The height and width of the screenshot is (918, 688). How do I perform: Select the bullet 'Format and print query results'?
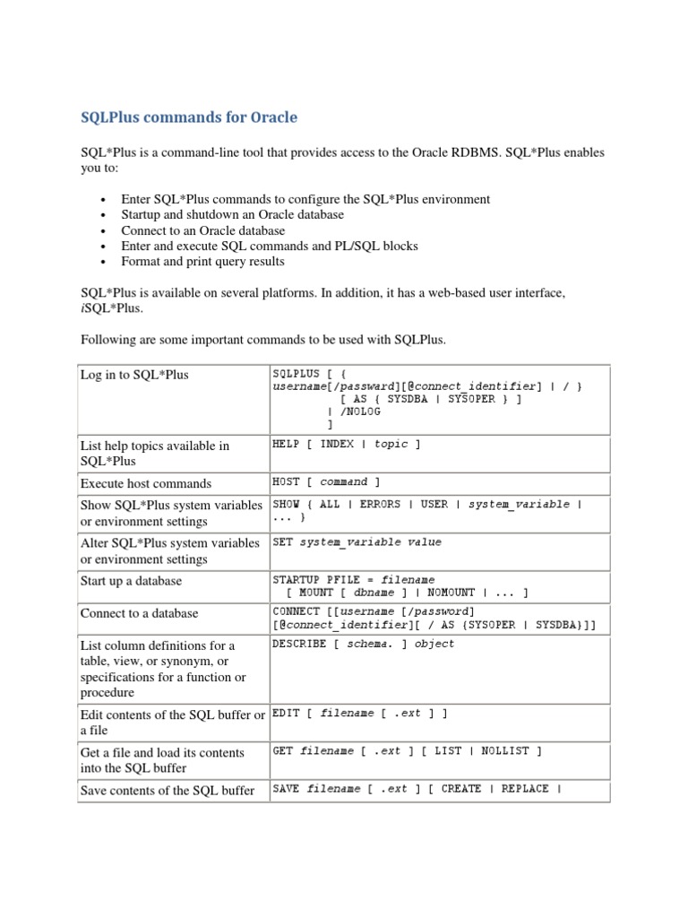tap(202, 262)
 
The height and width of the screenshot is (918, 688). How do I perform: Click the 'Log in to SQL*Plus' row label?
tap(134, 375)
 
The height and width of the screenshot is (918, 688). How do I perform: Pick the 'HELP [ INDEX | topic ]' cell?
tap(347, 445)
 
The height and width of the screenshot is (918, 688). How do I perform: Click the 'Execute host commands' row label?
tap(146, 483)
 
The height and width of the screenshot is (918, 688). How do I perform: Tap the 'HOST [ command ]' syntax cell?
tap(326, 482)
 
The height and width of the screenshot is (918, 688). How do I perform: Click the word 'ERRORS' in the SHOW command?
tap(380, 505)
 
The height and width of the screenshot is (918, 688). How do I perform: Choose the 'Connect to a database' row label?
tap(139, 613)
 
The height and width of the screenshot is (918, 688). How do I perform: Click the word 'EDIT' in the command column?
tap(287, 714)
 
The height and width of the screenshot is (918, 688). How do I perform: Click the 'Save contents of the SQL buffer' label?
tap(168, 791)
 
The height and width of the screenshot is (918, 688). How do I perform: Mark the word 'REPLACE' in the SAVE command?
tap(525, 790)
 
